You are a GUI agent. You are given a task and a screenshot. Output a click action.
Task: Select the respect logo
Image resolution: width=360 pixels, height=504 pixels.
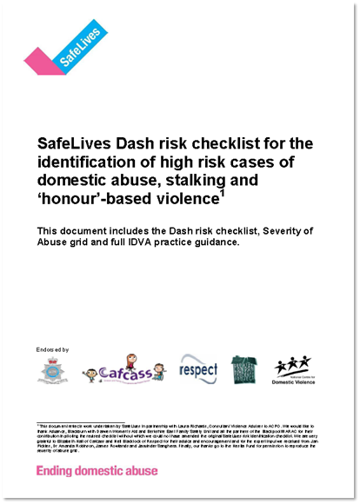(197, 369)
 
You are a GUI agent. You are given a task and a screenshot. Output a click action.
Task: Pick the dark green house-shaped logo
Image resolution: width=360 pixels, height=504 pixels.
(243, 368)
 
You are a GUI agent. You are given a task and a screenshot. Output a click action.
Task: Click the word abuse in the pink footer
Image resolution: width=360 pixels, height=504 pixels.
(140, 471)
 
